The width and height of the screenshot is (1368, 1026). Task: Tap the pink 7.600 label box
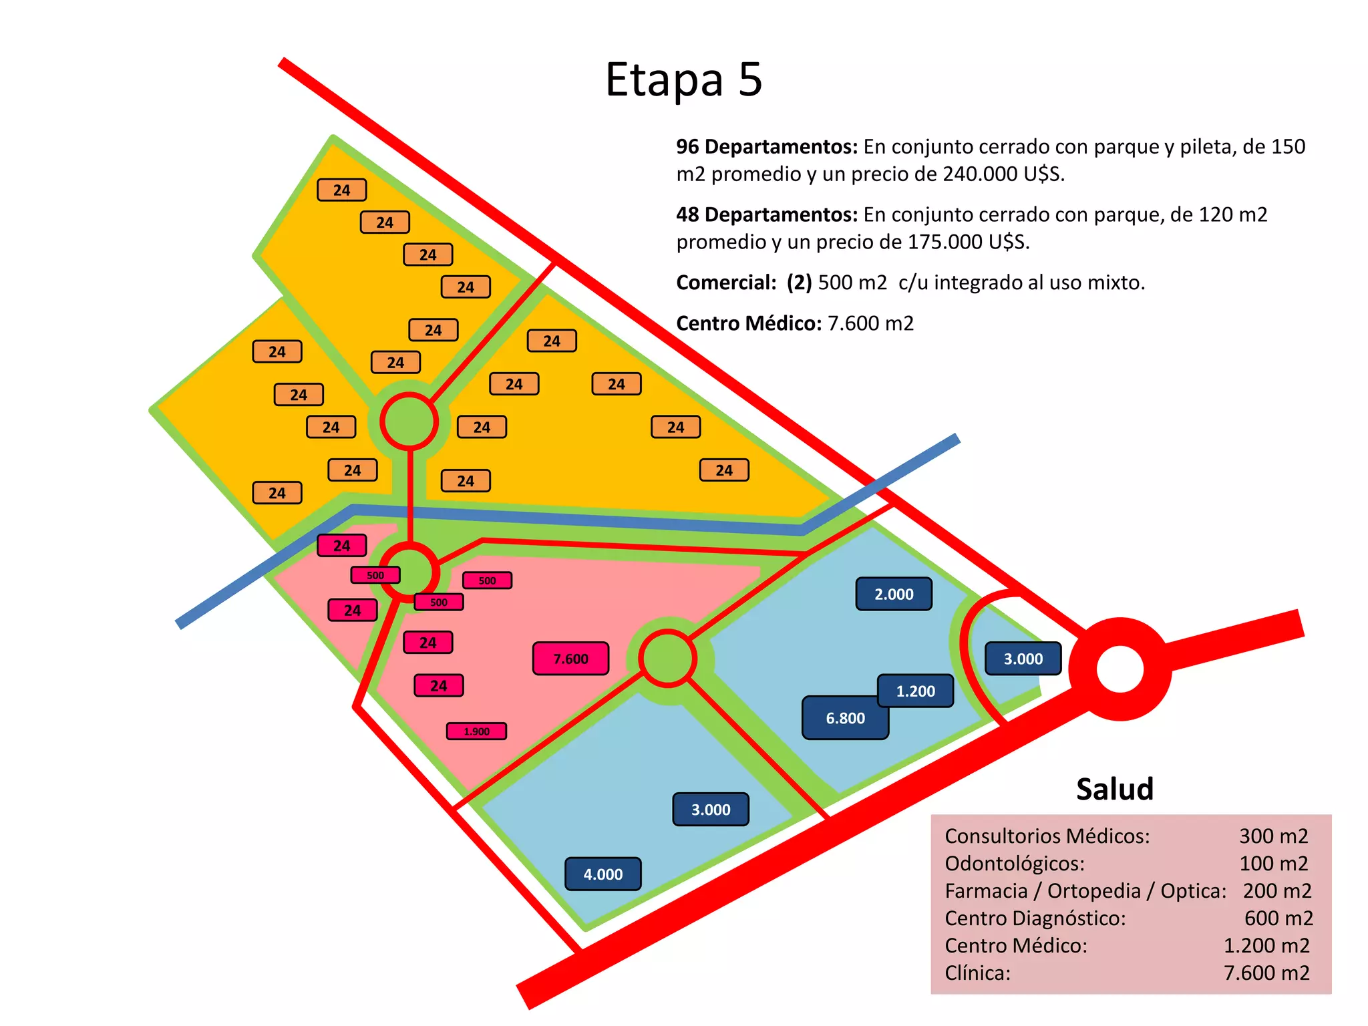[570, 659]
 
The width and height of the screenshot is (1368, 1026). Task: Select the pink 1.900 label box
[476, 731]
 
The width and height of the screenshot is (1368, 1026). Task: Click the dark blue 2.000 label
[894, 594]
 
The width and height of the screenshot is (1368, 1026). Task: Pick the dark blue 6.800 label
[845, 718]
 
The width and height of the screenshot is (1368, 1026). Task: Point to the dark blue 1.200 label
[916, 691]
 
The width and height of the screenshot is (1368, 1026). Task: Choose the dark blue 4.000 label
[603, 874]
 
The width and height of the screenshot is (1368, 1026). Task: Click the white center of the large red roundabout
[1120, 669]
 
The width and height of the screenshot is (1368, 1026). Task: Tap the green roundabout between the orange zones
[409, 421]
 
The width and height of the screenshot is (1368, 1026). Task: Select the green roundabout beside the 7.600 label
[667, 659]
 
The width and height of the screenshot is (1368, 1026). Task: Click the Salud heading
[1115, 789]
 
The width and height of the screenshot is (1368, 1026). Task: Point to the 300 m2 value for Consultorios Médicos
[1273, 836]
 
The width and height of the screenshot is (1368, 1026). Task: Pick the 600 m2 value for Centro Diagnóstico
[1278, 918]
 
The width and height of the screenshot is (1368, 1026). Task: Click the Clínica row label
[978, 973]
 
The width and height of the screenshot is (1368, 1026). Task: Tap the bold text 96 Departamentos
[766, 146]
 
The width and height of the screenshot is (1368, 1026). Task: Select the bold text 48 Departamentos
[766, 214]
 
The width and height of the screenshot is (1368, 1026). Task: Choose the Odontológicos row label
[1014, 863]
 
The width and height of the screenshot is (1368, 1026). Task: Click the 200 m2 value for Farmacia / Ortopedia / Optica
[1277, 890]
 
